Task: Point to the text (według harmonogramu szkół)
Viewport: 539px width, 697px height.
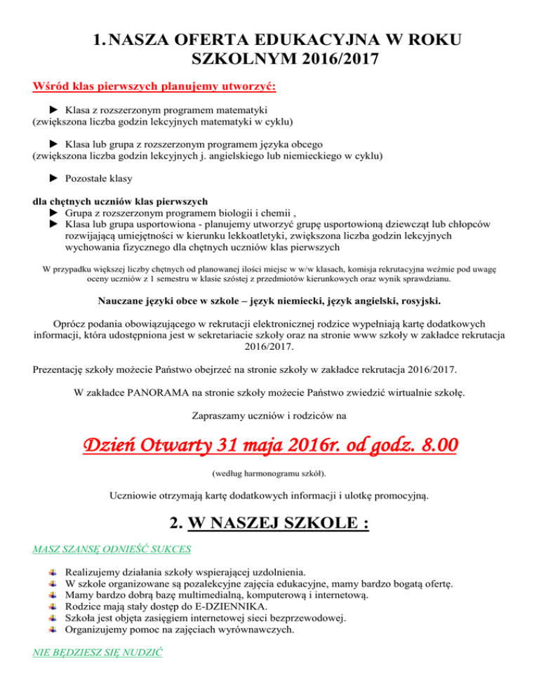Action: coord(269,473)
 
